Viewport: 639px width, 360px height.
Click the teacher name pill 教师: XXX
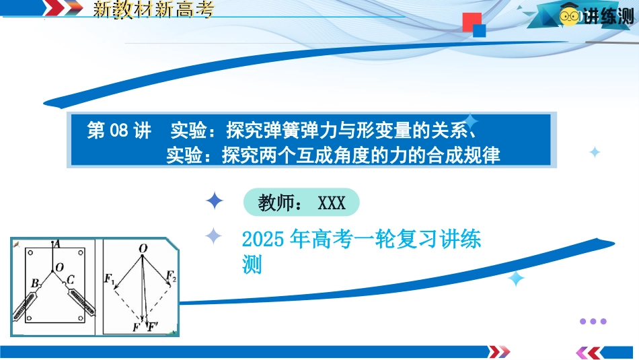point(301,203)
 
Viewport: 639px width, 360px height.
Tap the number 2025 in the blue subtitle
point(263,240)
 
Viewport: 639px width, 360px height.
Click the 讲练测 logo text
point(609,16)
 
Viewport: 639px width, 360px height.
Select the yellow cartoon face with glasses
point(569,15)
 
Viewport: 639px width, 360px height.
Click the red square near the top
point(472,22)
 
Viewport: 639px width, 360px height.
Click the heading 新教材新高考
point(153,9)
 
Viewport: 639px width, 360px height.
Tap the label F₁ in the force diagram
point(109,279)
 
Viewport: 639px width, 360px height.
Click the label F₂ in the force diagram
point(171,276)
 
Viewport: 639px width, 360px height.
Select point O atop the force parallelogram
point(143,248)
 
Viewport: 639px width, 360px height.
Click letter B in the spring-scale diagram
point(35,283)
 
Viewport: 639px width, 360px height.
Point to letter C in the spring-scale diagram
point(70,280)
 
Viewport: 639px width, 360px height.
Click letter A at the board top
point(57,244)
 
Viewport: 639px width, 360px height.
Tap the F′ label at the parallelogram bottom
point(153,326)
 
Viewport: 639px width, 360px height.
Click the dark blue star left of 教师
point(215,201)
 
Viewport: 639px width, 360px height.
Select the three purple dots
point(593,321)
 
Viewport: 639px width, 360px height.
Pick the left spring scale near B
point(28,303)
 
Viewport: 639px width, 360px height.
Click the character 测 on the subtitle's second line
point(252,265)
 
